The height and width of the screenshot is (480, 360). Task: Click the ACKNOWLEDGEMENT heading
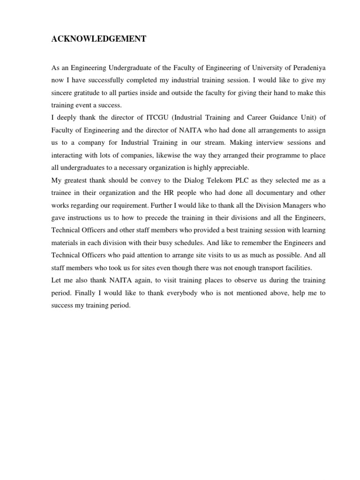pos(99,40)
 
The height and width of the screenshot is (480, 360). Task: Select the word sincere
pos(63,93)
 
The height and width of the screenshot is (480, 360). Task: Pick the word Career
pos(243,117)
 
